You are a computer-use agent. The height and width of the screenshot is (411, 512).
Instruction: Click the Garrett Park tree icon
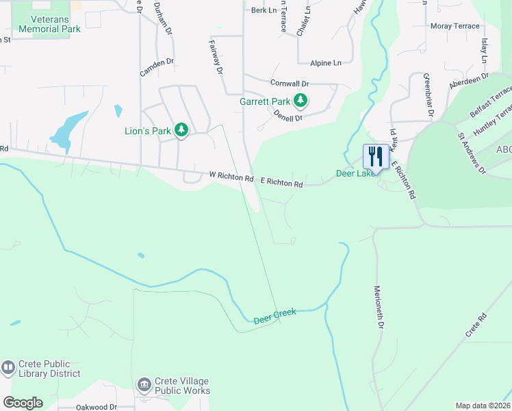point(300,101)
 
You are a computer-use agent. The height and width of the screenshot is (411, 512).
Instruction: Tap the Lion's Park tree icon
point(181,130)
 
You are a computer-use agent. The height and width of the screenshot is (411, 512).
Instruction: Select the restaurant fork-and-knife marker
point(375,156)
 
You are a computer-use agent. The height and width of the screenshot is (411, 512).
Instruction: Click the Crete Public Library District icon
point(8,368)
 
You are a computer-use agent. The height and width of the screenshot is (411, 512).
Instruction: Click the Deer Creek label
point(274,316)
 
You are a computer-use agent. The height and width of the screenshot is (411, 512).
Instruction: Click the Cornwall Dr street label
point(290,84)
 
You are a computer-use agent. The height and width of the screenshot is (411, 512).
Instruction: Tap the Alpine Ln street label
point(326,63)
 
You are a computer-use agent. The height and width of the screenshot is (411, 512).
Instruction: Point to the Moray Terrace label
point(455,26)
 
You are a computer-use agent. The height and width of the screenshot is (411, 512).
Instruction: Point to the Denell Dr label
point(288,115)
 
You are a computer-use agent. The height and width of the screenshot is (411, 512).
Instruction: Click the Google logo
point(23,403)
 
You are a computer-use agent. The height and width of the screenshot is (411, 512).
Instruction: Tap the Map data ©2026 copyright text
point(483,406)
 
